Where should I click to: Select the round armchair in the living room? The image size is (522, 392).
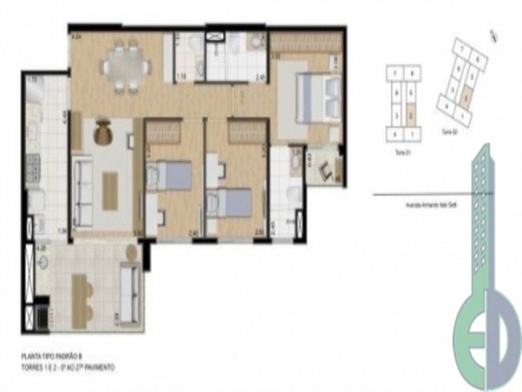tap(104, 134)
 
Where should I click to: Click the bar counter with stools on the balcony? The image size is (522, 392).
tap(82, 294)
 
